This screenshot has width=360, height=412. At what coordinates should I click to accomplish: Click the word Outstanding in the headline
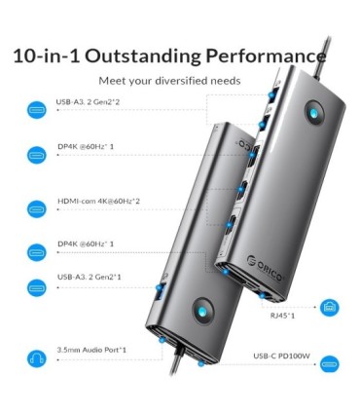click(143, 56)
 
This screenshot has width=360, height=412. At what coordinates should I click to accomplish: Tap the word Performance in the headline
click(266, 56)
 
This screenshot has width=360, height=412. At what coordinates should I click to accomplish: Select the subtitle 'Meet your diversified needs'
click(169, 81)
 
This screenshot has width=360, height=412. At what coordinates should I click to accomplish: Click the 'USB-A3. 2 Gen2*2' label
click(88, 102)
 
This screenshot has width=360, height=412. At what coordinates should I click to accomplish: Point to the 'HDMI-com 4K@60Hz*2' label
click(98, 201)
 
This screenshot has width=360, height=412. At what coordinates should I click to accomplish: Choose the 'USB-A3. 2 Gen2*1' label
click(90, 277)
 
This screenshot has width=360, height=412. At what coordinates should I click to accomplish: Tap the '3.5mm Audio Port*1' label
click(91, 350)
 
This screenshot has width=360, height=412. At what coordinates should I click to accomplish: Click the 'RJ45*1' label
click(282, 316)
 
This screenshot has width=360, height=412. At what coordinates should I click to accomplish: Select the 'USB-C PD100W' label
click(281, 356)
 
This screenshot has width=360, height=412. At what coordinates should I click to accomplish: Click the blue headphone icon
click(37, 358)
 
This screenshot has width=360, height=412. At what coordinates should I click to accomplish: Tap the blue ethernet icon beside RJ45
click(330, 308)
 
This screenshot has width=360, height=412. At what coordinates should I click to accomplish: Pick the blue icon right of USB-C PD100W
click(330, 364)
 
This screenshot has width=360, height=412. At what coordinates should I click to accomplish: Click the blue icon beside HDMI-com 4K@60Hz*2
click(37, 208)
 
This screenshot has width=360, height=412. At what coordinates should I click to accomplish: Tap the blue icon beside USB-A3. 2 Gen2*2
click(37, 110)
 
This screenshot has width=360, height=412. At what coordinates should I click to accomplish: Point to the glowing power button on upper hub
click(314, 114)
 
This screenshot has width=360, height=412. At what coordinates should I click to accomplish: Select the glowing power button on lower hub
click(202, 312)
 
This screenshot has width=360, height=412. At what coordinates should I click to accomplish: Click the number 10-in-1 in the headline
click(47, 56)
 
